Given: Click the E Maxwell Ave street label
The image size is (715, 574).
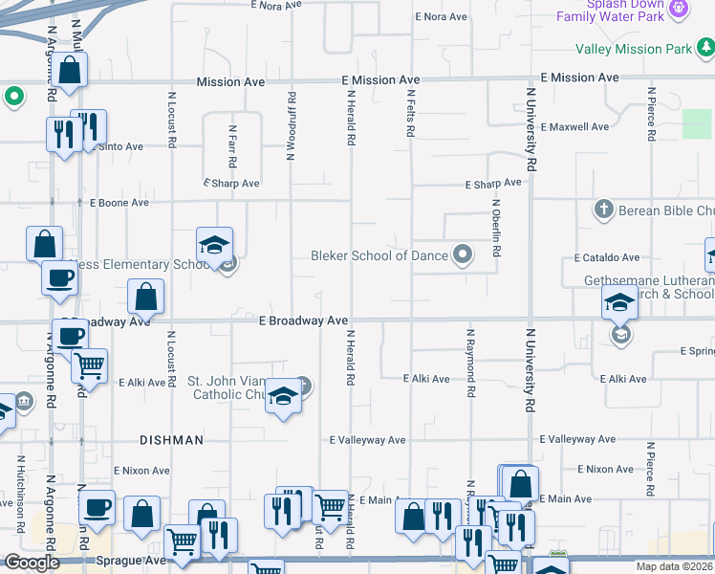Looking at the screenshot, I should [x=574, y=127].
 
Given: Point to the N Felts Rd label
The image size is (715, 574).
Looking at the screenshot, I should [x=410, y=114].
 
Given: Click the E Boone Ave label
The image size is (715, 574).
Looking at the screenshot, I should [x=119, y=203].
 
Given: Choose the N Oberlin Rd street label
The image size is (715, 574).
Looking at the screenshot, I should [x=496, y=228].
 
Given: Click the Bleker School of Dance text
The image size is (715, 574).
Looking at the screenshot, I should [x=379, y=255].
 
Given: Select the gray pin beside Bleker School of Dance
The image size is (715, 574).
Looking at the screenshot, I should [x=464, y=254].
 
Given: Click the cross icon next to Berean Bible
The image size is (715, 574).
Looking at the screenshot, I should [x=603, y=209].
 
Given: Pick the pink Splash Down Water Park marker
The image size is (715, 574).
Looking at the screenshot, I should [x=679, y=10].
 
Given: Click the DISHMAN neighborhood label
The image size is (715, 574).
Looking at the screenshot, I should [x=171, y=440].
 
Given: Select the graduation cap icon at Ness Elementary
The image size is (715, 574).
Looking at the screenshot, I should [x=215, y=246].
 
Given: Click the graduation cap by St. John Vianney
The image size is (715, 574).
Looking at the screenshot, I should [x=283, y=398].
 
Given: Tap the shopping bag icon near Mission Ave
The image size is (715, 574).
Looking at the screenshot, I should [x=69, y=69].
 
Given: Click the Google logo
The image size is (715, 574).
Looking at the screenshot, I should [x=32, y=563].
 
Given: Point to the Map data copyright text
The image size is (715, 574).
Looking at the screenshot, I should [x=675, y=566].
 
